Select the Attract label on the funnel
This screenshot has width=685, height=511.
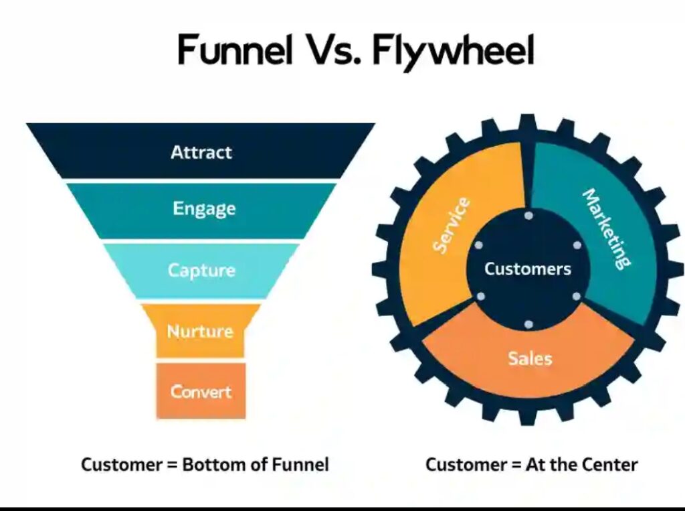(x=201, y=151)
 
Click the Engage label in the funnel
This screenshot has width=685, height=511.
(x=203, y=208)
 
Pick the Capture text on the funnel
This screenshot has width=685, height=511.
(x=201, y=270)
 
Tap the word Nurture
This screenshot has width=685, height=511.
(x=200, y=331)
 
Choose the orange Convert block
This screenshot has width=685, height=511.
(x=201, y=391)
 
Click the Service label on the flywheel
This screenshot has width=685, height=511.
(x=451, y=225)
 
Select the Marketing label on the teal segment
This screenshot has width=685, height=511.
(x=606, y=228)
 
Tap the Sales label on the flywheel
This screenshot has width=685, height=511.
(x=529, y=358)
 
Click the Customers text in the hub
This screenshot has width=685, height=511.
(x=528, y=269)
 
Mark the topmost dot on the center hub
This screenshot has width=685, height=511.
(x=528, y=216)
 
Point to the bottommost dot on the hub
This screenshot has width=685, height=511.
(x=528, y=324)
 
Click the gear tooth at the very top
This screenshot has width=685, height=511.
(x=528, y=121)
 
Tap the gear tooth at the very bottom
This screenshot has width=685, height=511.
(x=528, y=417)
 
